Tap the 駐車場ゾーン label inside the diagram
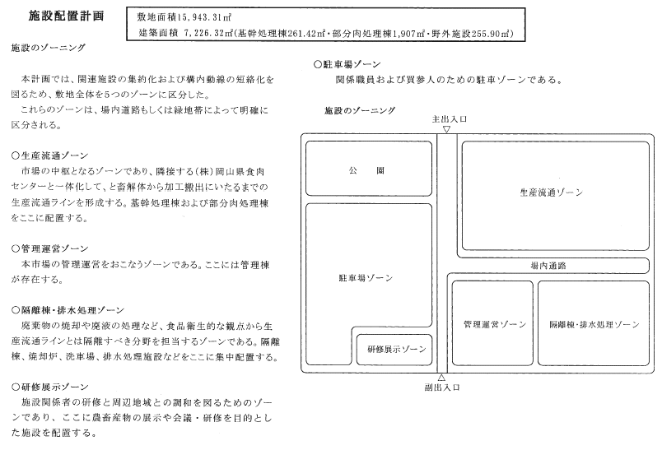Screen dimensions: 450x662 click(365, 278)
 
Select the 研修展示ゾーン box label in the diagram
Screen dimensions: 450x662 click(397, 349)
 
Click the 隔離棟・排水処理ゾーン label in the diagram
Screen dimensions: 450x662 click(593, 325)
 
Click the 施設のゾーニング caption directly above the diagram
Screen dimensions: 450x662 click(360, 109)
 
